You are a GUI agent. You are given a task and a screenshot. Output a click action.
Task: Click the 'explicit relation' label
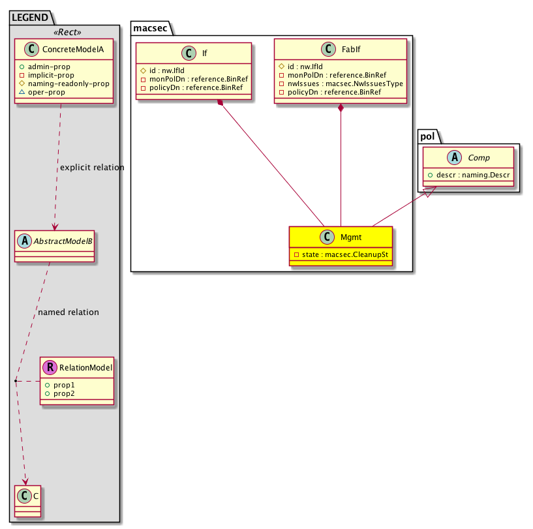[x=92, y=168]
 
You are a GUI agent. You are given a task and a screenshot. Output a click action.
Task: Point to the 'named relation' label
[x=69, y=312]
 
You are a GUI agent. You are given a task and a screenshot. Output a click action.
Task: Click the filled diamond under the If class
[x=222, y=103]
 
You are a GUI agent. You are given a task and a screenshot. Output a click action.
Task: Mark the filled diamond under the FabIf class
[x=341, y=107]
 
